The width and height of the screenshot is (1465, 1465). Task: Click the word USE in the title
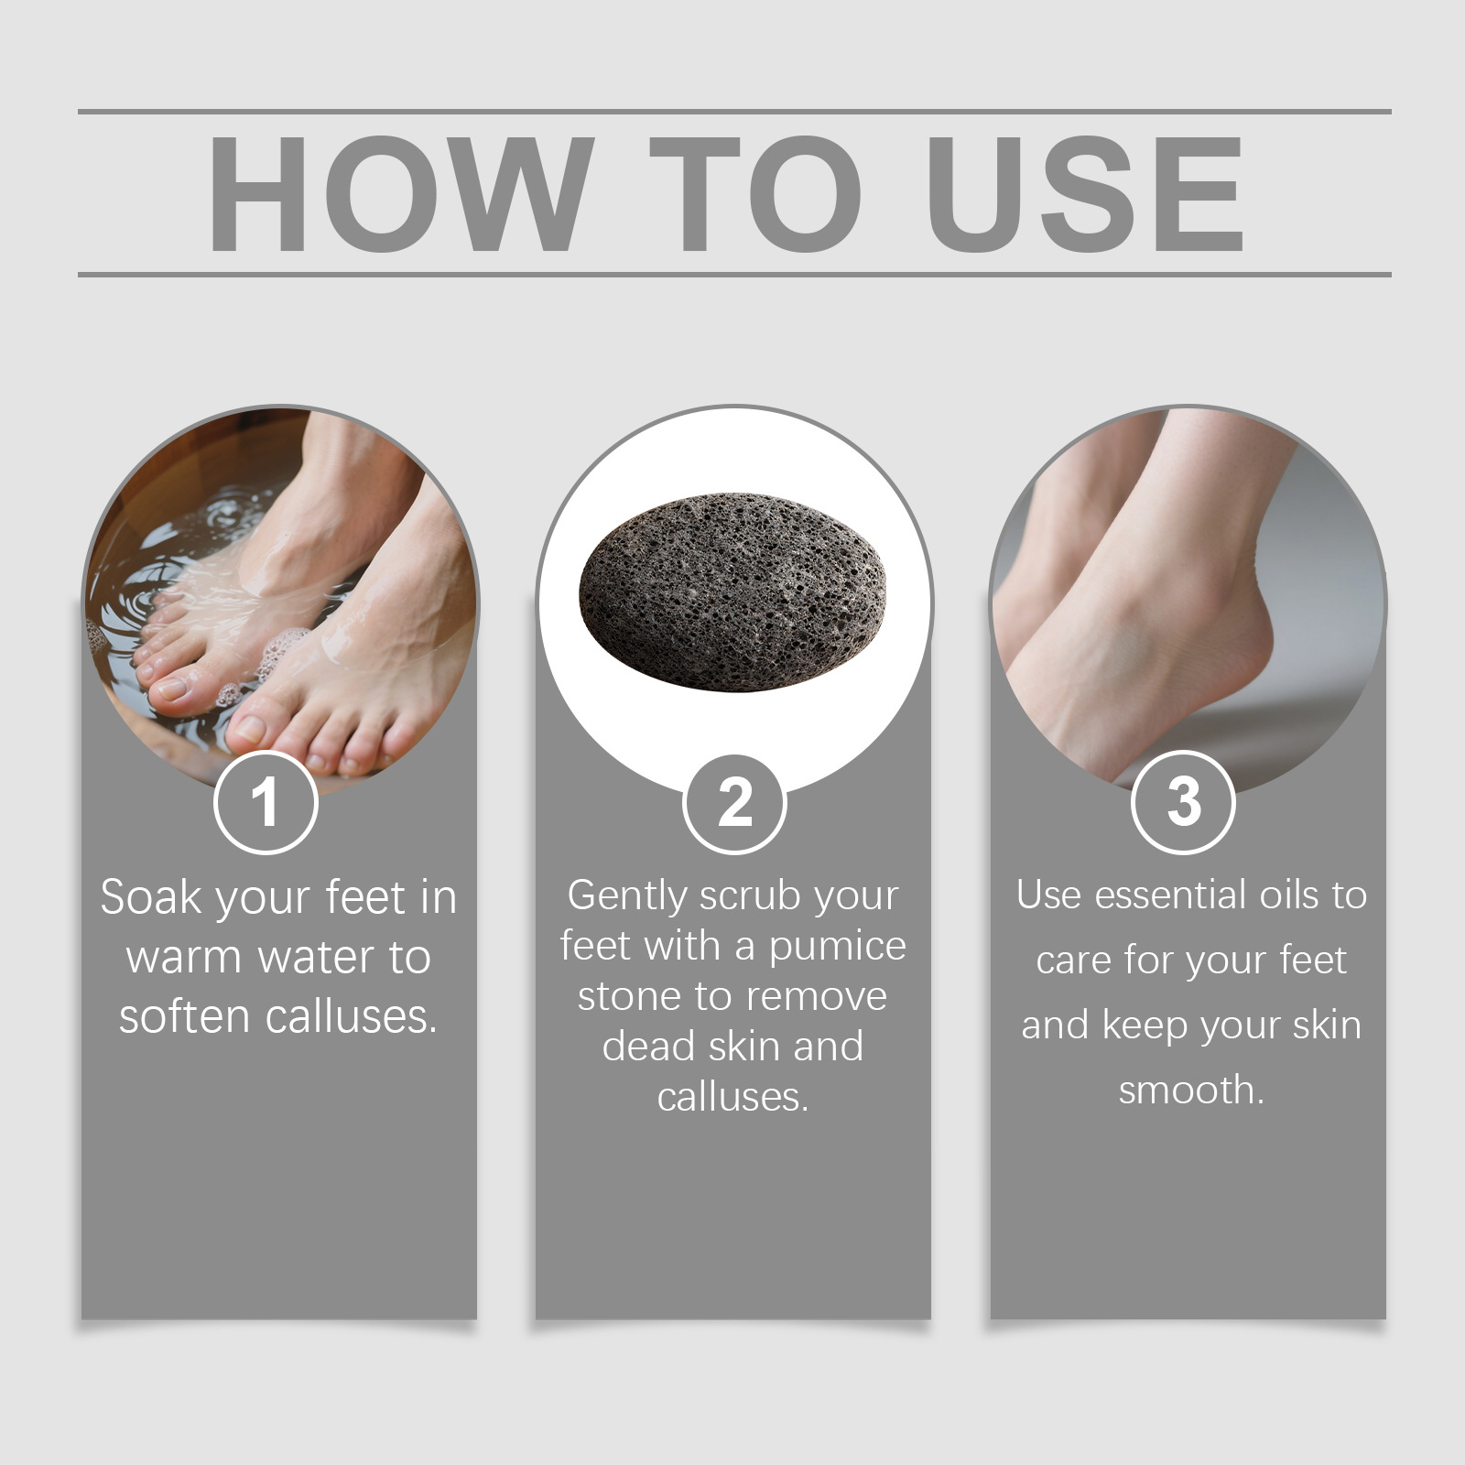click(1085, 193)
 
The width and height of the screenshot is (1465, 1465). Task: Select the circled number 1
click(266, 802)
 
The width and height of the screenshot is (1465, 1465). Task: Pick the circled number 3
click(1183, 802)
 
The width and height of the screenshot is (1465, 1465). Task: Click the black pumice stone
click(733, 592)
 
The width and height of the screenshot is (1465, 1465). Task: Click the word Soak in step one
click(151, 896)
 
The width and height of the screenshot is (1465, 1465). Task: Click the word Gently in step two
click(626, 896)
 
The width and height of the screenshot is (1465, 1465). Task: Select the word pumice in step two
click(837, 948)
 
